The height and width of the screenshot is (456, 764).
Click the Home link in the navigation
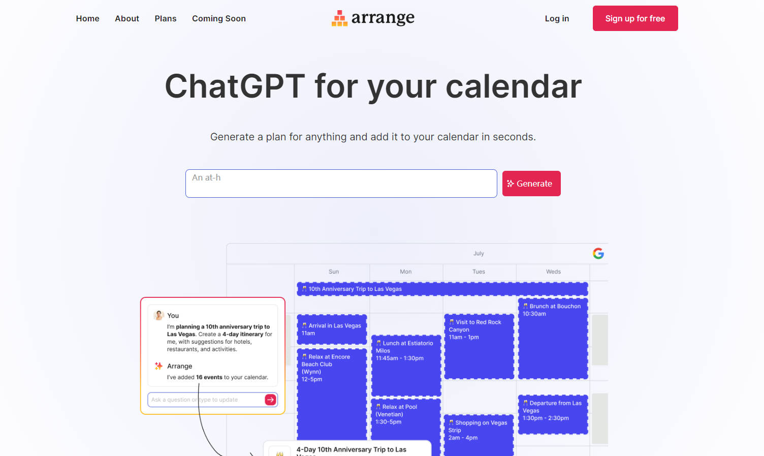point(87,18)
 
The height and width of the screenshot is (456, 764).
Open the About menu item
point(126,18)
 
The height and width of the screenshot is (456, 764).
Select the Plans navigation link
point(166,18)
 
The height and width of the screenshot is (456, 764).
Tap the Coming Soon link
point(219,18)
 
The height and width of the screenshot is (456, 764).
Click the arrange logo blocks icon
point(339,18)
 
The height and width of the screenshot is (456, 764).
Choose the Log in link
point(557,18)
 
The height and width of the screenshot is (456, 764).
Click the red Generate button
point(531,184)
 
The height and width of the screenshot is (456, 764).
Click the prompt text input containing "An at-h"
point(341,184)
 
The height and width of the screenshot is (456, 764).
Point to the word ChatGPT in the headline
point(235,86)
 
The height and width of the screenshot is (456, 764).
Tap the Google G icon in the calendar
point(598,253)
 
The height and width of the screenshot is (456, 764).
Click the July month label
point(479,253)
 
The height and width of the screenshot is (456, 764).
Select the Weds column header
point(553,271)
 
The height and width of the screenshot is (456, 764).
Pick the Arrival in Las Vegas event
point(332,329)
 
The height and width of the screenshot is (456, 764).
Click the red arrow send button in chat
point(271,400)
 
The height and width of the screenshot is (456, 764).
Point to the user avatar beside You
point(158,315)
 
